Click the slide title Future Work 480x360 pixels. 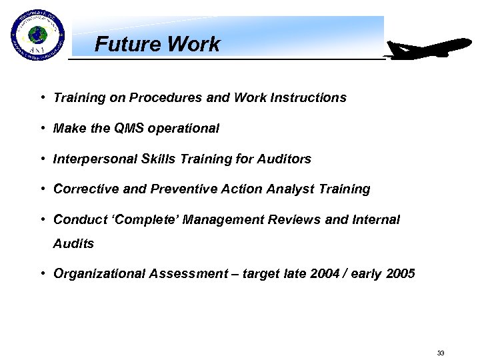[157, 45]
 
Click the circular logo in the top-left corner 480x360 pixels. [37, 36]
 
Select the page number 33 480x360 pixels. [440, 353]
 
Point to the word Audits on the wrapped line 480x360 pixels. [73, 244]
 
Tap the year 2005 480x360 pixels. [399, 274]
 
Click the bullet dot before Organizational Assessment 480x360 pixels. [42, 274]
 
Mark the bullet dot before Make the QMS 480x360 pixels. [42, 128]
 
